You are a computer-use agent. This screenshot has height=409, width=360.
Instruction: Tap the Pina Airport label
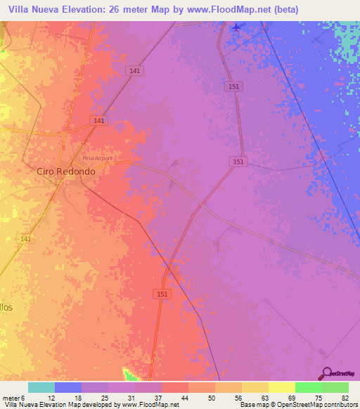coord(97,158)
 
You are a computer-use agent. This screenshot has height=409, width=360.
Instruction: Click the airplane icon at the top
coord(236,27)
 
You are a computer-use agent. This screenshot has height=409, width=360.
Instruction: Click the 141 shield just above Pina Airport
coord(99,121)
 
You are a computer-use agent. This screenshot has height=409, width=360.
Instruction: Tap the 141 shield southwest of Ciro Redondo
coord(26,240)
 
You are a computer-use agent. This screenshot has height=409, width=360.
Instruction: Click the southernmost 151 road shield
coord(162,294)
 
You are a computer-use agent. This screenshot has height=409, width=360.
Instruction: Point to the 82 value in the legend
coord(345,398)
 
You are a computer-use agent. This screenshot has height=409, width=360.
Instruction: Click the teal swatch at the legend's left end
coord(41,387)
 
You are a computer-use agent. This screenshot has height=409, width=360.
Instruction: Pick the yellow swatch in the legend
coord(281,387)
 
